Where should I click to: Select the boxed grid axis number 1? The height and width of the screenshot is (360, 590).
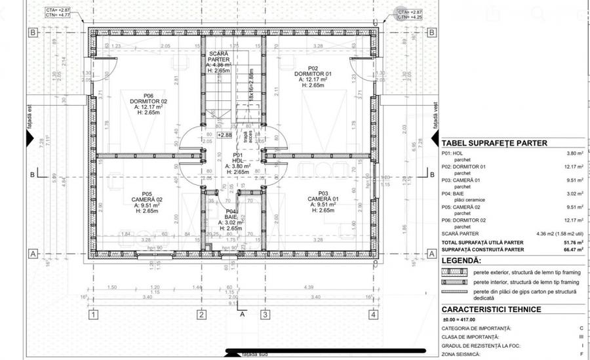pyautogui.click(x=93, y=315)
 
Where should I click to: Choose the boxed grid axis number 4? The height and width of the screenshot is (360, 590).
pyautogui.click(x=373, y=315)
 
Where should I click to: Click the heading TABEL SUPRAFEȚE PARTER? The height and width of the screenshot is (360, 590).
pyautogui.click(x=494, y=143)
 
